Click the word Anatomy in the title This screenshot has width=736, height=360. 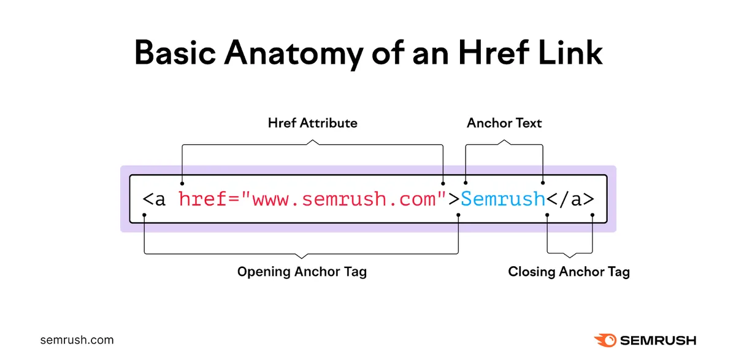[x=293, y=53]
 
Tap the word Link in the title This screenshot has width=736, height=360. [x=570, y=52]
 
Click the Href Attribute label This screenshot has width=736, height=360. [x=312, y=123]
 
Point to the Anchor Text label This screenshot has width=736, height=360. [x=504, y=123]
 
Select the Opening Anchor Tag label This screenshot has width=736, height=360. [x=302, y=272]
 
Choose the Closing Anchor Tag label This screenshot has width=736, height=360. [x=569, y=272]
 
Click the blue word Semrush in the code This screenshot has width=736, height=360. [x=503, y=199]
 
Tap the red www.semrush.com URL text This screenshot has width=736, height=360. [x=344, y=200]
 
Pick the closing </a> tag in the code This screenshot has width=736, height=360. [x=570, y=199]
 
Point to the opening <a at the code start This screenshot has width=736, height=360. [x=154, y=200]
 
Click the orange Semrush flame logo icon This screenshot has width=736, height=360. [x=605, y=340]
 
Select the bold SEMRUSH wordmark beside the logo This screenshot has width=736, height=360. [x=658, y=340]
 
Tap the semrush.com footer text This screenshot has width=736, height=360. [x=77, y=340]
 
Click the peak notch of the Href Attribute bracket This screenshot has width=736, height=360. [x=312, y=141]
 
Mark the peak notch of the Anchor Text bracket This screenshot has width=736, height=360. [x=504, y=141]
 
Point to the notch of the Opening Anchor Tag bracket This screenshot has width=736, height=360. [x=302, y=257]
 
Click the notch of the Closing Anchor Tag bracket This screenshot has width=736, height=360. [x=570, y=256]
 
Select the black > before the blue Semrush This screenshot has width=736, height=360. [x=454, y=199]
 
